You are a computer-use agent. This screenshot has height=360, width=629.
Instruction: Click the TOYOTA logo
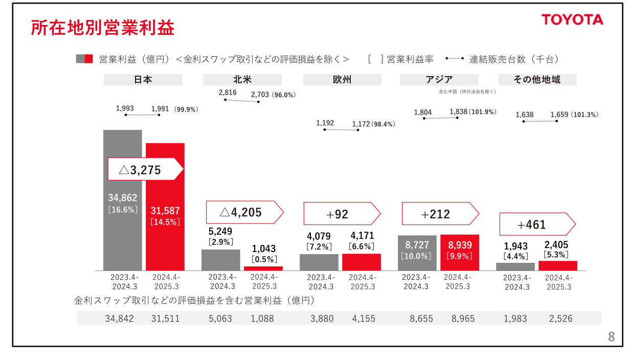572,20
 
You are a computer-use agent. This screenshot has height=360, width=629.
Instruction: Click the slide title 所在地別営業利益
102,28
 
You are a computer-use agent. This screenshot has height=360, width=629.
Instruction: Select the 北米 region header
242,80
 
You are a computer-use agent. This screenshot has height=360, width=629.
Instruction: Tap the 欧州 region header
342,80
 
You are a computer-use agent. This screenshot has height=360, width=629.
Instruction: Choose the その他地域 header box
537,80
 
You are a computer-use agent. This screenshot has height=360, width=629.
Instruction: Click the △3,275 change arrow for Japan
145,169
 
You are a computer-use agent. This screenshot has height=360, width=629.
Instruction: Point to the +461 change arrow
537,224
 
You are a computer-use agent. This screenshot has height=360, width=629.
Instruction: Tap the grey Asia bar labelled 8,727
418,253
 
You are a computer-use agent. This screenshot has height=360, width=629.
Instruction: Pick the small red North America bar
263,268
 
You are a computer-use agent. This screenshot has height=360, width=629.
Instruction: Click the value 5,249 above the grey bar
220,232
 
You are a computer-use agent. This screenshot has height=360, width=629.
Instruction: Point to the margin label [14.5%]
165,222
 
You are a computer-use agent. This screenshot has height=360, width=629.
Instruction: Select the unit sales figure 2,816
228,93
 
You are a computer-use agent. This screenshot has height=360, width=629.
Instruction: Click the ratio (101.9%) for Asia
483,111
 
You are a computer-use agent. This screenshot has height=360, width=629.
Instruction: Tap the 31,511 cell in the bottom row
165,319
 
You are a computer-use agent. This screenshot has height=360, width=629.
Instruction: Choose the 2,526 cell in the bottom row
561,319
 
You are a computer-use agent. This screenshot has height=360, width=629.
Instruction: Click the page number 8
611,337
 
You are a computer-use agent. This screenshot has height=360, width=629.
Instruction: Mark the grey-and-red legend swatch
84,58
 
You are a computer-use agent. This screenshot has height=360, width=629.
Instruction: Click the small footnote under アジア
467,92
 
